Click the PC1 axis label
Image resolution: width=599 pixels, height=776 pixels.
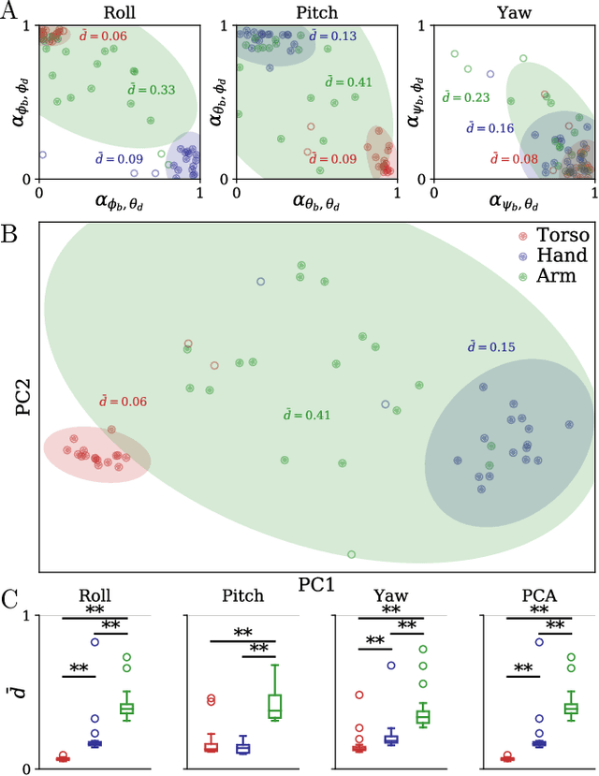point(317,583)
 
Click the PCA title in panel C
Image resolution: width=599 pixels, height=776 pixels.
point(533,595)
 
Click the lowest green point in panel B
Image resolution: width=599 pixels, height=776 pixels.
point(352,554)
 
